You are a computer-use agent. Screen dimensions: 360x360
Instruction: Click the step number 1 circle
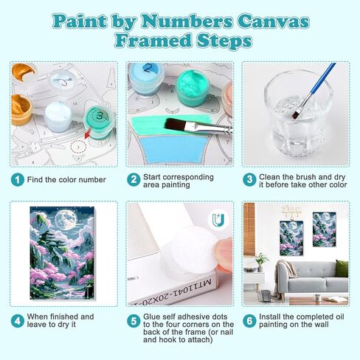(x=17, y=179)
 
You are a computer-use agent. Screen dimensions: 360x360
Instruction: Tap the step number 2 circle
(x=134, y=179)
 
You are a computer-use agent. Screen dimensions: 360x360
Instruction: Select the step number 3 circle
(x=249, y=179)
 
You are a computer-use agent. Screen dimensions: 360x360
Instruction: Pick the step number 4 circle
(x=17, y=321)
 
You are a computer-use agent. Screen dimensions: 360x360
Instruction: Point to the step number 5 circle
(x=134, y=321)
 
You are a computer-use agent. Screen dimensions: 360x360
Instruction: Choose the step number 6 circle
(x=249, y=321)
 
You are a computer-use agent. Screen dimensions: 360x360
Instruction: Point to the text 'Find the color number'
(x=65, y=179)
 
